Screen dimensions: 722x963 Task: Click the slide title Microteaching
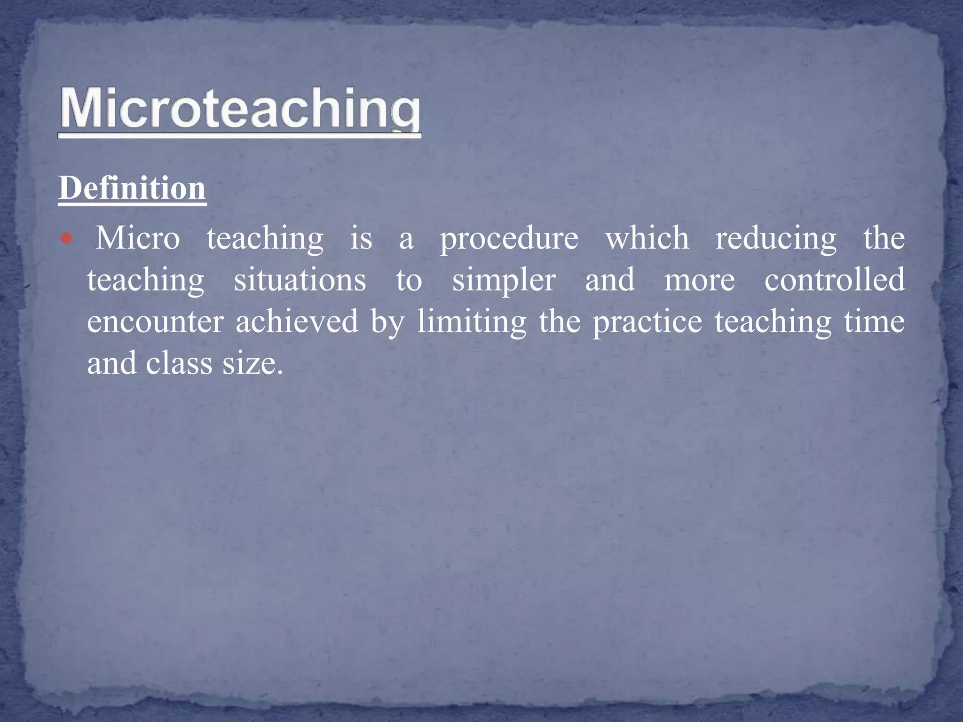[x=240, y=109]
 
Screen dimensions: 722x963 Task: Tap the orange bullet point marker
[x=66, y=239]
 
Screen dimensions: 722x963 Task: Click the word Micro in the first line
[x=138, y=238]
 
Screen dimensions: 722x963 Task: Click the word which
[x=647, y=238]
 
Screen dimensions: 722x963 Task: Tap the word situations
[x=300, y=280]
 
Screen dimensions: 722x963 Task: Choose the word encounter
[x=155, y=322]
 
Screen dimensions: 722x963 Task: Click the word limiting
[x=472, y=323]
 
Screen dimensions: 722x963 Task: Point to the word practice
[x=647, y=323]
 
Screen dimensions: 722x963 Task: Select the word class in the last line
[x=179, y=364]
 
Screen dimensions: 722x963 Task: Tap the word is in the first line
[x=361, y=238]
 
